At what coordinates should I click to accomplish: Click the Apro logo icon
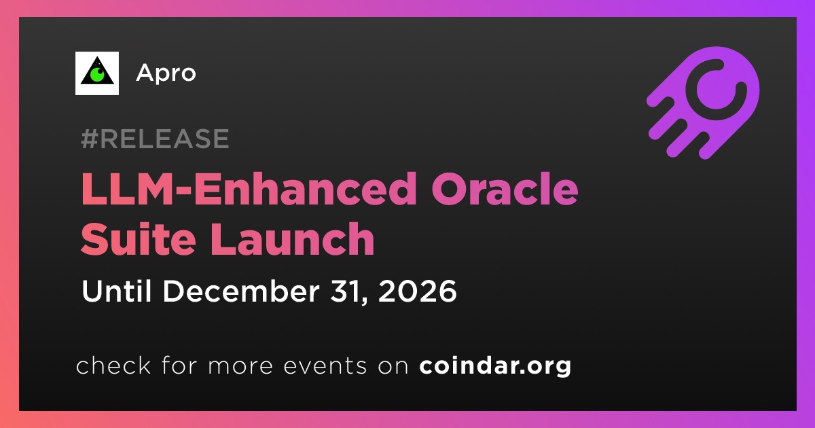(x=96, y=73)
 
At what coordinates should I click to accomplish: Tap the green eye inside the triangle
(x=97, y=75)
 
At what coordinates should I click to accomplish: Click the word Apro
(x=166, y=73)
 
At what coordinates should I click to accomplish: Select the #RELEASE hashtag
(x=155, y=139)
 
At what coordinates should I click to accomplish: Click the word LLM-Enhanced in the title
(x=249, y=190)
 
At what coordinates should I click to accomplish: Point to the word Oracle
(x=505, y=190)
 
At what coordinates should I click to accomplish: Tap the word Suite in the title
(x=139, y=238)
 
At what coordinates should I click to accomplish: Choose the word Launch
(x=292, y=238)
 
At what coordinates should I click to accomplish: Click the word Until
(x=116, y=291)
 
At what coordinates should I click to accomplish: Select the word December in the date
(x=242, y=291)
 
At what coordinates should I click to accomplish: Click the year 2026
(x=417, y=291)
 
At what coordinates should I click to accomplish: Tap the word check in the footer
(x=113, y=365)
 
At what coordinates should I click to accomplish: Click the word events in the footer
(x=325, y=366)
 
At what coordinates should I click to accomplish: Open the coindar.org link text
(x=495, y=366)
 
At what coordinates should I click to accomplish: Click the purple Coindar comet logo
(x=703, y=103)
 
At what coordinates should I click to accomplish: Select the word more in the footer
(x=240, y=367)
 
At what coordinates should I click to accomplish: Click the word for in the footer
(x=179, y=365)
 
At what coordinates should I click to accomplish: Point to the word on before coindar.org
(x=393, y=367)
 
